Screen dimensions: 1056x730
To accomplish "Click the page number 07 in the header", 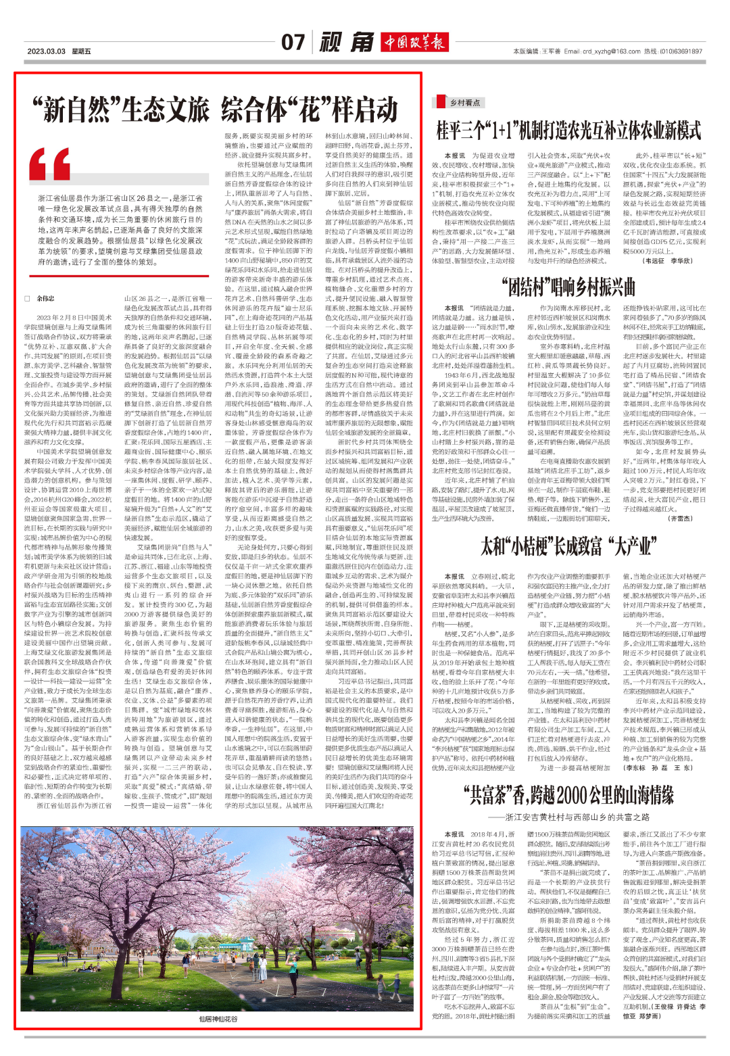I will (x=293, y=43).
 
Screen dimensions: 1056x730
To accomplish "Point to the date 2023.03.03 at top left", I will (x=46, y=51).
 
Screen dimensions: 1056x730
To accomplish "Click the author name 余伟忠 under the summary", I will (x=45, y=297).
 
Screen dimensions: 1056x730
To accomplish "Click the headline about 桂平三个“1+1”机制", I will (x=568, y=130).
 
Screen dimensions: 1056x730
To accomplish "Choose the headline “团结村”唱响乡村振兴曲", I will (x=568, y=287).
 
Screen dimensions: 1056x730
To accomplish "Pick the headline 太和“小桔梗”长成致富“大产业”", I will (x=568, y=546).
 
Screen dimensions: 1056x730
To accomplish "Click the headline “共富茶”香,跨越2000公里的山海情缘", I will (x=568, y=795).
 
